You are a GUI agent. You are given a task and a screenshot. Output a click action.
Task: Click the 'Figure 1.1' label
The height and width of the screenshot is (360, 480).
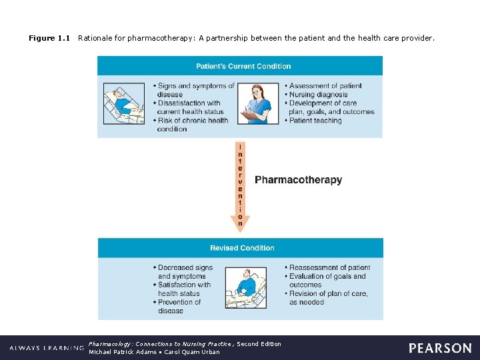(49, 39)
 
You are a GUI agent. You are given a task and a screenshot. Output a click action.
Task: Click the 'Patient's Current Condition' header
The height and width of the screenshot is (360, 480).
(243, 66)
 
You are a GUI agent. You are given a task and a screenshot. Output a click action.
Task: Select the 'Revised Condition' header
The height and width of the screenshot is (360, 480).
(242, 248)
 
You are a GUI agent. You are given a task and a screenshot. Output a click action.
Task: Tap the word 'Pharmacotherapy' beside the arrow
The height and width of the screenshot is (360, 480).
(298, 180)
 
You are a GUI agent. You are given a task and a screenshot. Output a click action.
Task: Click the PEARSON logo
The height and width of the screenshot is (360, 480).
(440, 348)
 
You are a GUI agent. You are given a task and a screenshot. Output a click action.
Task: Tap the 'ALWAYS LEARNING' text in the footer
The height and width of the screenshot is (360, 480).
(47, 348)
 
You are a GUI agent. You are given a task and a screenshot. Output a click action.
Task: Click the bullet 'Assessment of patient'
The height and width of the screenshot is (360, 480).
(325, 86)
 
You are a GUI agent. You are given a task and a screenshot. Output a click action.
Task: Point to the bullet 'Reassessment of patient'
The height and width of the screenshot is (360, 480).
(329, 267)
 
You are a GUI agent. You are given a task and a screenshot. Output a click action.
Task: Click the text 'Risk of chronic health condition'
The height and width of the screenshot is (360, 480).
(192, 125)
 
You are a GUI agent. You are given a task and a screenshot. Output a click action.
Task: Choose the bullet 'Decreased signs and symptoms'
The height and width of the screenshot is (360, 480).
(184, 271)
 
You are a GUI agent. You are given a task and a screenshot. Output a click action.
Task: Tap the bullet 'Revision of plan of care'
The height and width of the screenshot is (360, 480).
(327, 297)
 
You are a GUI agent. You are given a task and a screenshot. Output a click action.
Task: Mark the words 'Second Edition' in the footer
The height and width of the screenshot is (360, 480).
(259, 344)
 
